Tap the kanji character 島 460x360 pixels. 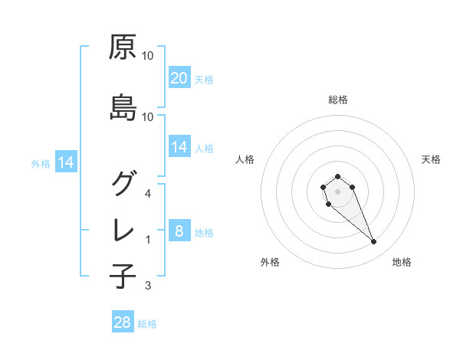(123, 108)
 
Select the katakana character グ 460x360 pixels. (123, 183)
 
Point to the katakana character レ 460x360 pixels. (123, 231)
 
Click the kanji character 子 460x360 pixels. (123, 277)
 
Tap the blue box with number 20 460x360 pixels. (179, 77)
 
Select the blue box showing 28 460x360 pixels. (123, 322)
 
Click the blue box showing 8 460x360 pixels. (179, 231)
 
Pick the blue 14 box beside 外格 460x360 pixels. (65, 162)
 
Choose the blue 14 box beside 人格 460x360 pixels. (179, 147)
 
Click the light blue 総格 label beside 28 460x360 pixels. (147, 324)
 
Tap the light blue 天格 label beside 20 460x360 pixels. (203, 79)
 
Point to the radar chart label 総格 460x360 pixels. (338, 100)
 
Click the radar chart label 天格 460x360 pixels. (431, 159)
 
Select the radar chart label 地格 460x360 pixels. (402, 262)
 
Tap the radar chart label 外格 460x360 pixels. (270, 262)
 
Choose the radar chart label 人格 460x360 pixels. (245, 159)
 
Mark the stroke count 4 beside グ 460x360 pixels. (148, 193)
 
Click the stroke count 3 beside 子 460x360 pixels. (148, 286)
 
